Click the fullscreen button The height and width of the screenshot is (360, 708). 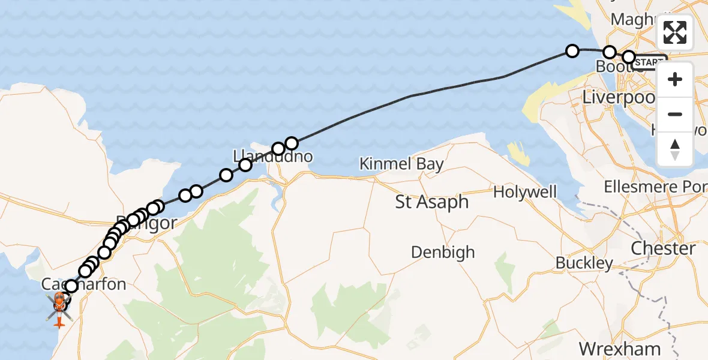click(x=675, y=32)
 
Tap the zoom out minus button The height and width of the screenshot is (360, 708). click(x=675, y=114)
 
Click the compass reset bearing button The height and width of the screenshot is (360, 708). click(x=675, y=149)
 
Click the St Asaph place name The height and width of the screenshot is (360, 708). click(x=431, y=202)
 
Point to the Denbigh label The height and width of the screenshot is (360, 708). click(x=443, y=252)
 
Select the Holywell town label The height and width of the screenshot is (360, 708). click(x=524, y=192)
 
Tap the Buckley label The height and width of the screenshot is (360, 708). click(x=584, y=262)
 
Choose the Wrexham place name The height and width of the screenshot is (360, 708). click(x=619, y=349)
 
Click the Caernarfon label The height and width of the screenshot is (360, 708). click(x=84, y=284)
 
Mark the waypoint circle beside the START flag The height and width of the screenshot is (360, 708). click(x=629, y=57)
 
